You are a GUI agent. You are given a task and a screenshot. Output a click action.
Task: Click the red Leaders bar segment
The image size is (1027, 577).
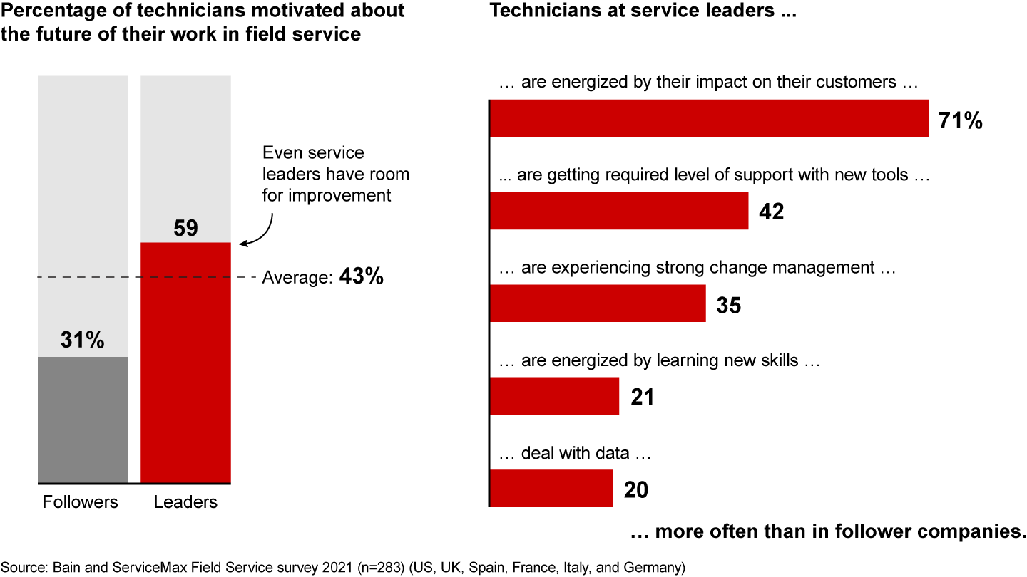(185, 363)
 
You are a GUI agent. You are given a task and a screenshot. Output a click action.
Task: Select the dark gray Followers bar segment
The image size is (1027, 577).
(83, 420)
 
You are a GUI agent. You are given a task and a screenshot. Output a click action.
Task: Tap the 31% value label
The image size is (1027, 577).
(83, 341)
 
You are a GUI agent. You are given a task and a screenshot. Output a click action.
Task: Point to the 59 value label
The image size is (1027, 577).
(185, 228)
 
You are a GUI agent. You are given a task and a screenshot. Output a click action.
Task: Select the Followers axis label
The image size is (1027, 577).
(81, 502)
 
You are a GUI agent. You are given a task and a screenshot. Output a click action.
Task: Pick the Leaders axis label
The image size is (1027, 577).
(185, 502)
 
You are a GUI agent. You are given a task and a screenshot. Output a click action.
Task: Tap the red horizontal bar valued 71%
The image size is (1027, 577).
(709, 118)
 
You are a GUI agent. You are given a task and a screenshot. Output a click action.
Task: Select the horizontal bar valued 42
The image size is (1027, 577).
(619, 211)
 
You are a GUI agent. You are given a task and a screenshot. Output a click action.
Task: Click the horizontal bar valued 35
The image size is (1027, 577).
(598, 303)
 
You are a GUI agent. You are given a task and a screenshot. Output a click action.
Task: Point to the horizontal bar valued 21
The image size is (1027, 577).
(554, 396)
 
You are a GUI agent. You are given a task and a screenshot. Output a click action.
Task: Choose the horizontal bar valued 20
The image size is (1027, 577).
(551, 489)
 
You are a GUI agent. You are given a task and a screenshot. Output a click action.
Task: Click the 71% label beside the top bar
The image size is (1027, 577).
(961, 121)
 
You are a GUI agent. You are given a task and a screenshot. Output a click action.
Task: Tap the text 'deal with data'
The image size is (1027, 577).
(575, 453)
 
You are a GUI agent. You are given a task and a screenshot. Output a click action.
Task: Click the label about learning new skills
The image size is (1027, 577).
(659, 360)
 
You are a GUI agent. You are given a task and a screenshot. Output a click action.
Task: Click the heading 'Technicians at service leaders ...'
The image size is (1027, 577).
(642, 12)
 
